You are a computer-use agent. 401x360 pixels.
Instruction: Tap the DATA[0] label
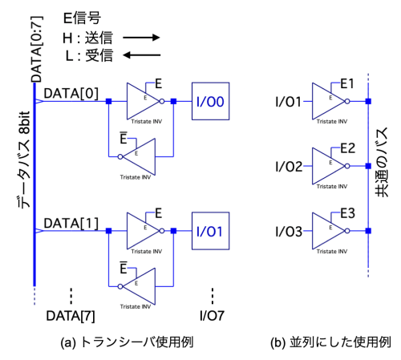71,94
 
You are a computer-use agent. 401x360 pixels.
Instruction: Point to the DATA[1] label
71,224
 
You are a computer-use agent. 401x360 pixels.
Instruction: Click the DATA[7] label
71,316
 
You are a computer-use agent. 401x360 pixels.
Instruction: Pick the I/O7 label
212,316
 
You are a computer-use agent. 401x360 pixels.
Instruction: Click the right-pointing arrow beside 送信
141,38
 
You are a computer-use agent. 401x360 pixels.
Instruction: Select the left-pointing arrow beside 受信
141,55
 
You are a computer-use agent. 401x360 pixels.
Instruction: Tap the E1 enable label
347,84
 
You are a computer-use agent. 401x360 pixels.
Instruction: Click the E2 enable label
347,148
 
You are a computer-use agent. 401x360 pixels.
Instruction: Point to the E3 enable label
347,213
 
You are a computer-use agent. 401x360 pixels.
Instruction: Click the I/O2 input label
289,167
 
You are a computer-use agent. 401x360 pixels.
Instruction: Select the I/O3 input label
289,232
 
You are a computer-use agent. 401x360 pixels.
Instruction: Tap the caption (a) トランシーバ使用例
127,342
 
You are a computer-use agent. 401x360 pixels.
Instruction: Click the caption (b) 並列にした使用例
330,342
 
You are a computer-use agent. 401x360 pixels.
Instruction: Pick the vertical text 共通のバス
382,162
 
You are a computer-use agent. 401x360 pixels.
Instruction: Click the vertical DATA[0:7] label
37,49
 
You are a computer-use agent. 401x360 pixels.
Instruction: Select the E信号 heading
82,18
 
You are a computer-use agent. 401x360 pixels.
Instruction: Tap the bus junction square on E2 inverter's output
368,166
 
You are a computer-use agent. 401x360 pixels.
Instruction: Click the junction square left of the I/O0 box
173,101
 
